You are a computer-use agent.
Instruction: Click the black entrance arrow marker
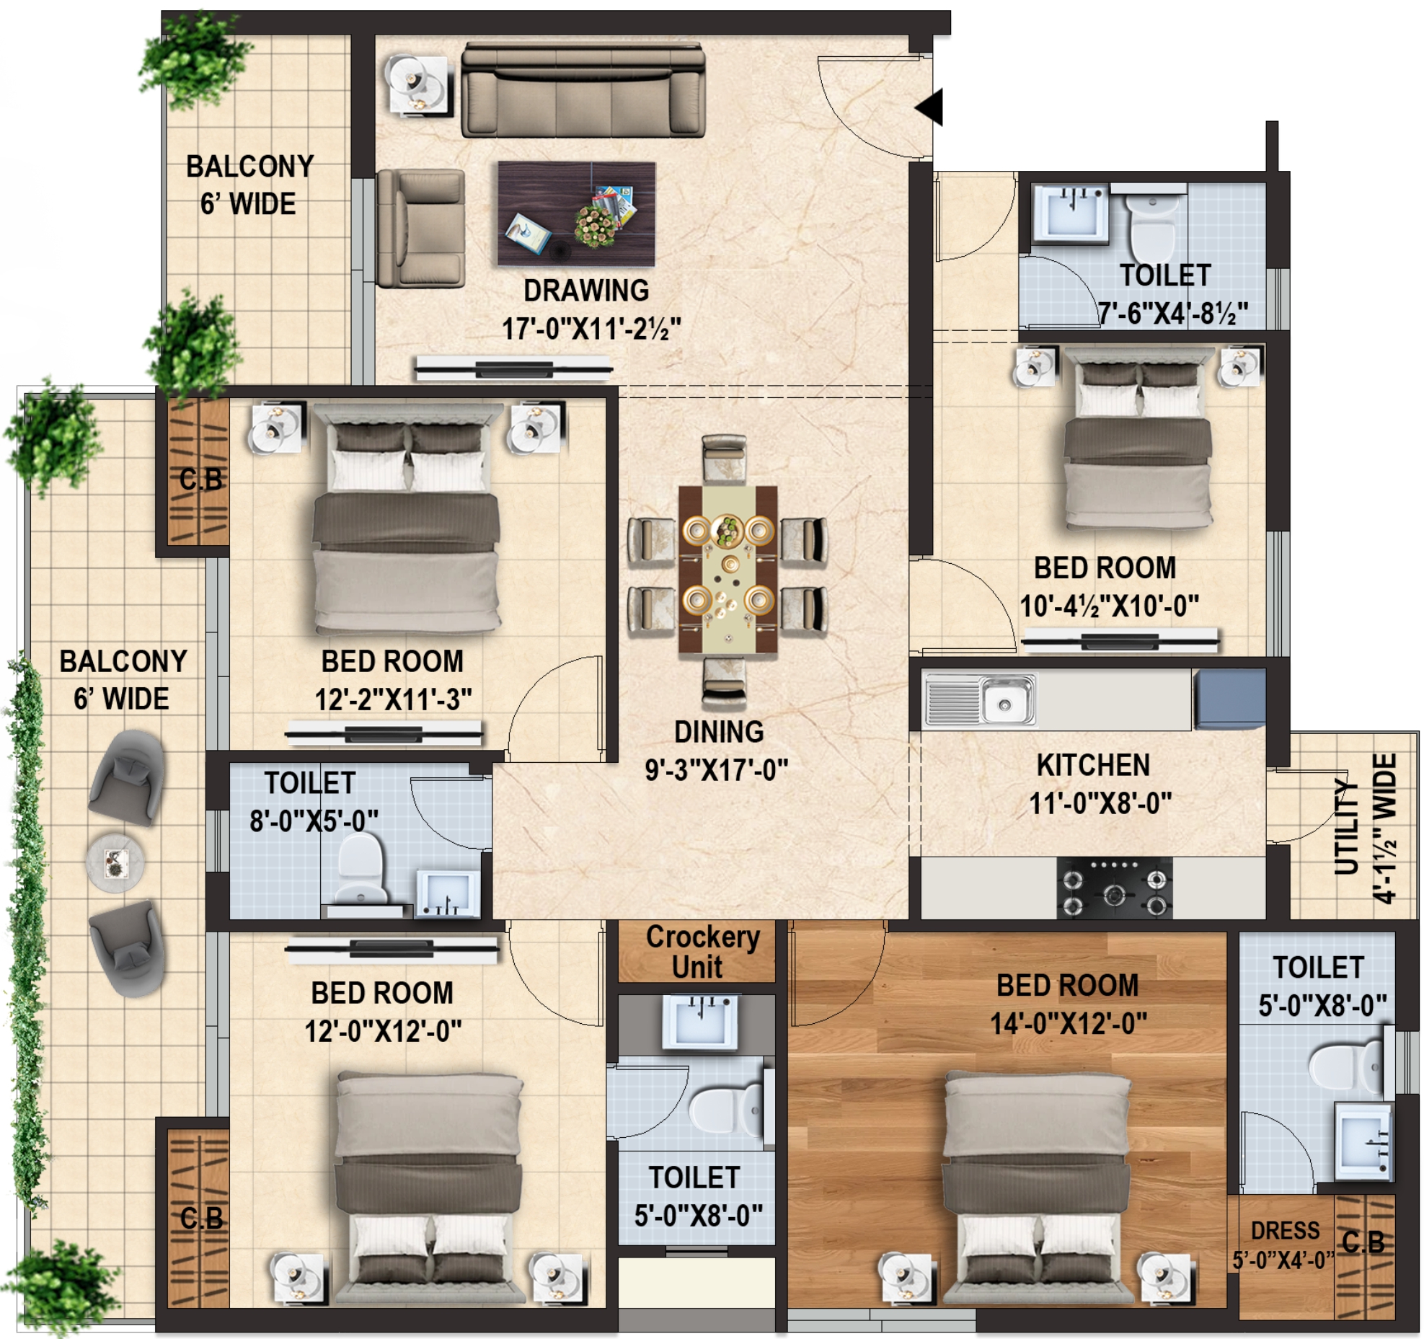930,107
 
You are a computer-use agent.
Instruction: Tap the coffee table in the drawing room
576,213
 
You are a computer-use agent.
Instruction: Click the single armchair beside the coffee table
420,229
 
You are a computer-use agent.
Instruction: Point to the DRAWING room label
586,291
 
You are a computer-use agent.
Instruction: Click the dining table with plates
728,570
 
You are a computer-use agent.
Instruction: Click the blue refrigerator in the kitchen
1229,699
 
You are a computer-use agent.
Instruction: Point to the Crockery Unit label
702,952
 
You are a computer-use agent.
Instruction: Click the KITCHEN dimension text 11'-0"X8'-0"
1100,803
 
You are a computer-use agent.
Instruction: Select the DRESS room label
1285,1230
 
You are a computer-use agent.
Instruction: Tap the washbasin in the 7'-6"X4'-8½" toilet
1069,212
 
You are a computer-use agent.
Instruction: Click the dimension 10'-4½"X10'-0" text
1109,606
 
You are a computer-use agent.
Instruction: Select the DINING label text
719,732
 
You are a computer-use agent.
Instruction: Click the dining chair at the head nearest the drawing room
724,458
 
